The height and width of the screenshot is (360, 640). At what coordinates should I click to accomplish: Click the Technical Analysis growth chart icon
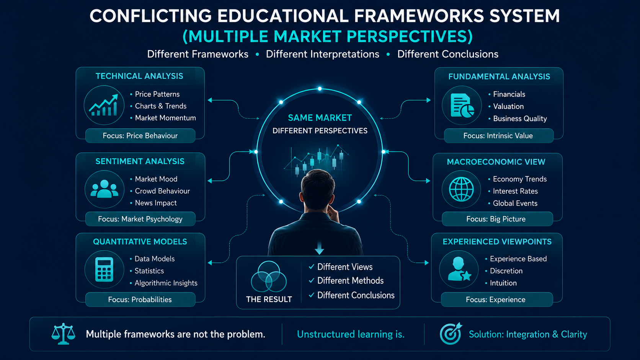click(104, 105)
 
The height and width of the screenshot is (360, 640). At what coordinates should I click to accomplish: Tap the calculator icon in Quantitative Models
click(104, 269)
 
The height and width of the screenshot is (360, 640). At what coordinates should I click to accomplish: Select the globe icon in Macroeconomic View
click(461, 189)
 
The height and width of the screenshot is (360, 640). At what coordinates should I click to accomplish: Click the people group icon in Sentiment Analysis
click(104, 189)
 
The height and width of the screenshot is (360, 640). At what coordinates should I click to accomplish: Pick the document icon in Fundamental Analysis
click(462, 105)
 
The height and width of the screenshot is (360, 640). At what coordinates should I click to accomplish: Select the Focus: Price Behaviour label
click(140, 135)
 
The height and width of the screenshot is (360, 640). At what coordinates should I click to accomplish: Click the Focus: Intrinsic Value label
click(498, 135)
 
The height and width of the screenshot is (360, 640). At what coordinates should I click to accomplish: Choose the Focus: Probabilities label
click(140, 300)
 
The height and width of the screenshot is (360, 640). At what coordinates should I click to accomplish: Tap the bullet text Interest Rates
click(515, 191)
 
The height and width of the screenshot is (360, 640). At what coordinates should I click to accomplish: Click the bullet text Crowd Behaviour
click(162, 191)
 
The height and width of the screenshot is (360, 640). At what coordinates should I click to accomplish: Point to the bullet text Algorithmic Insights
click(166, 283)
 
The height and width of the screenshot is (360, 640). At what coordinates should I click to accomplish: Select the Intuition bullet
click(503, 283)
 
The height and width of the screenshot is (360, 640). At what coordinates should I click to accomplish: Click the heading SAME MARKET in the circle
click(320, 117)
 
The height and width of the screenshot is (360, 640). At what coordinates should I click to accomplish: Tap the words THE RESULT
click(269, 299)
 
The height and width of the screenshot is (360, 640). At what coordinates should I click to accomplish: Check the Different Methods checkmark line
click(346, 281)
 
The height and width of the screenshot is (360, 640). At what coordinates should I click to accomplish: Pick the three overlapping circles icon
click(269, 276)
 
